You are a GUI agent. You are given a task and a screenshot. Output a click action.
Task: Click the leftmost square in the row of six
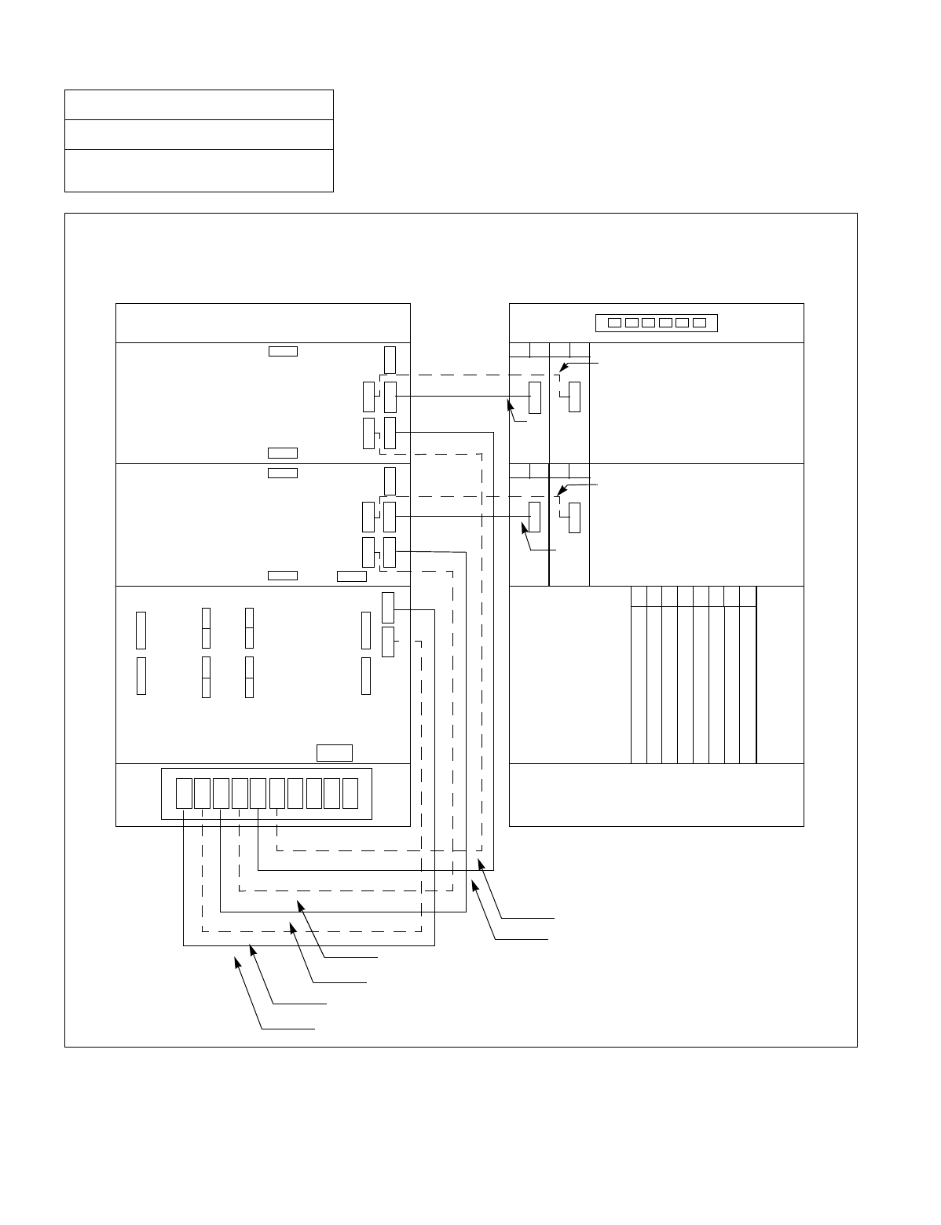[615, 323]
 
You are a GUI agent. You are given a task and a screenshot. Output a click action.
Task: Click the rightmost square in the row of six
[700, 323]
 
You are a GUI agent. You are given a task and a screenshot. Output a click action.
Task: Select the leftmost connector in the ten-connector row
[184, 793]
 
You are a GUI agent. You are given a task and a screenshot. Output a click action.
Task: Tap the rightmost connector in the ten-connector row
[350, 793]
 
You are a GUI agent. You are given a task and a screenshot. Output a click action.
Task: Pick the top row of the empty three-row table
[199, 105]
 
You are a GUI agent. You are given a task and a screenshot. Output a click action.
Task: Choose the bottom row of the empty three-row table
[199, 170]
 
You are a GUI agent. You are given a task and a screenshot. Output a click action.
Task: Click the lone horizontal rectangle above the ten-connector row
[334, 752]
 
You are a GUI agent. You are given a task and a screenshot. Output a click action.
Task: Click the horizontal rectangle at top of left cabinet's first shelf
[283, 351]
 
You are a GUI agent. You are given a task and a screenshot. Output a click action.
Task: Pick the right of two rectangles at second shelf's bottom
[351, 576]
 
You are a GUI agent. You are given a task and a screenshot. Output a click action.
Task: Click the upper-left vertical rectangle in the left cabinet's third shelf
[141, 630]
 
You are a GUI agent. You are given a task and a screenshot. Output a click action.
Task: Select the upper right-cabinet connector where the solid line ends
[535, 397]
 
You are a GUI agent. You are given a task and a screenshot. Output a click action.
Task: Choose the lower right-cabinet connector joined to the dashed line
[575, 517]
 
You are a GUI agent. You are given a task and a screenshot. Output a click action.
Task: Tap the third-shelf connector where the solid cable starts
[388, 608]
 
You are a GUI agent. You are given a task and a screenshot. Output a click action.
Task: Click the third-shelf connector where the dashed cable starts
[388, 642]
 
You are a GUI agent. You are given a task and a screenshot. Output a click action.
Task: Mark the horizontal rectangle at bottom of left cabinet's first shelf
[283, 452]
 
